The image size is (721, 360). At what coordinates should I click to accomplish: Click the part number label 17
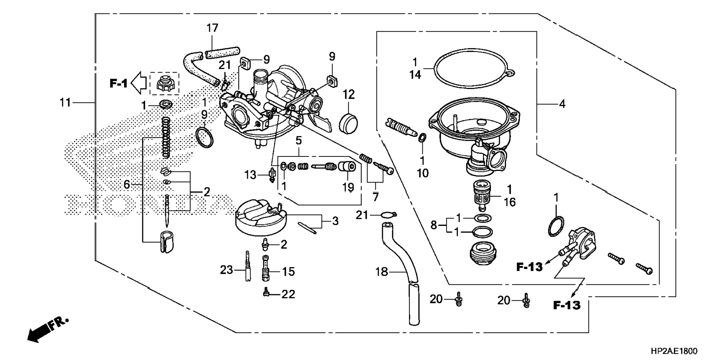pyautogui.click(x=212, y=28)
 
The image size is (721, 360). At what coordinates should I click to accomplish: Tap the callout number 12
pyautogui.click(x=349, y=95)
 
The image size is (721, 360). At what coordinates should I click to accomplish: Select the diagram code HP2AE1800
pyautogui.click(x=674, y=351)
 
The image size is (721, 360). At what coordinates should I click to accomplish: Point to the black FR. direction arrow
pyautogui.click(x=41, y=331)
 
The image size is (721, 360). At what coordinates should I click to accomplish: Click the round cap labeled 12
pyautogui.click(x=349, y=123)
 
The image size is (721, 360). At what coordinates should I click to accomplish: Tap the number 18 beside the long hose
pyautogui.click(x=382, y=272)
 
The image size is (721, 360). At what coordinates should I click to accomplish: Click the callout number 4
pyautogui.click(x=562, y=104)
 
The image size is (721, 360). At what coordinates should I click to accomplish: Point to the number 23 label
pyautogui.click(x=226, y=269)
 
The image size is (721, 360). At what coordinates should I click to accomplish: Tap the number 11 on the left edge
pyautogui.click(x=65, y=102)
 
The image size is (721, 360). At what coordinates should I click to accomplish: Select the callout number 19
pyautogui.click(x=348, y=187)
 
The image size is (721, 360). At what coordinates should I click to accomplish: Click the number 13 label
pyautogui.click(x=251, y=174)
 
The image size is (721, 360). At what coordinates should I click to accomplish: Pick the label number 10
pyautogui.click(x=423, y=173)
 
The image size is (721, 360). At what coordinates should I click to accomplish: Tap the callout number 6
pyautogui.click(x=127, y=184)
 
